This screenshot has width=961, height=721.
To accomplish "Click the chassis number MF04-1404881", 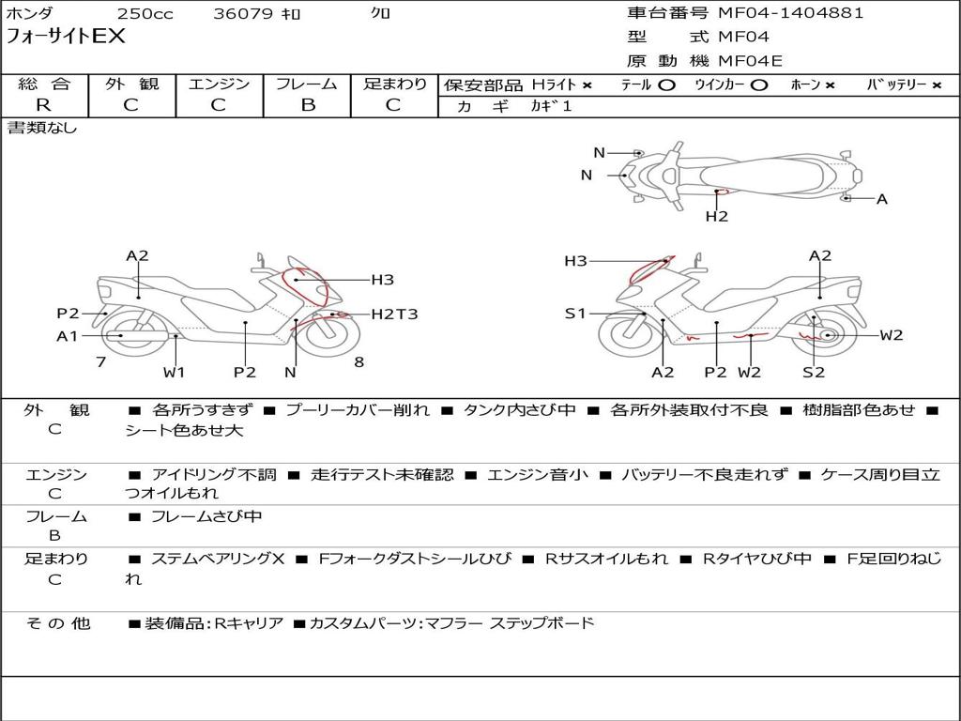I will [x=790, y=13].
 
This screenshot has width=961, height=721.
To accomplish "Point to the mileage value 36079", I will [x=243, y=14].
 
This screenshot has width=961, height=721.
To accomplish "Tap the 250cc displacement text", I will [x=145, y=14].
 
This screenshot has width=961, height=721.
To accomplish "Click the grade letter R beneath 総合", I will [x=43, y=105].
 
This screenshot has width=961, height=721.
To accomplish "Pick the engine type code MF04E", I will [x=750, y=62].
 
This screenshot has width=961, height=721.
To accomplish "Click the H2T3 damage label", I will [x=394, y=314].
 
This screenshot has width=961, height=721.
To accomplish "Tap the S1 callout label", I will [x=574, y=314].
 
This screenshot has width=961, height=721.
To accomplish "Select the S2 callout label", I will [x=814, y=372].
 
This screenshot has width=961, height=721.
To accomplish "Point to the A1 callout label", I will [x=68, y=335].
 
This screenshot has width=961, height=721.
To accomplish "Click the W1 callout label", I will [x=174, y=372].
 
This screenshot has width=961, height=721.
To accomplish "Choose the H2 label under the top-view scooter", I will [x=717, y=216].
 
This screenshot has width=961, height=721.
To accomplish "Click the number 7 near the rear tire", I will [x=100, y=361].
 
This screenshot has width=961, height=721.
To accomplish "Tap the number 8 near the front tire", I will [x=358, y=361].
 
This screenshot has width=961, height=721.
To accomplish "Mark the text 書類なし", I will [x=42, y=128].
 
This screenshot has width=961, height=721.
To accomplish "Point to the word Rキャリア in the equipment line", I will [x=249, y=622].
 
